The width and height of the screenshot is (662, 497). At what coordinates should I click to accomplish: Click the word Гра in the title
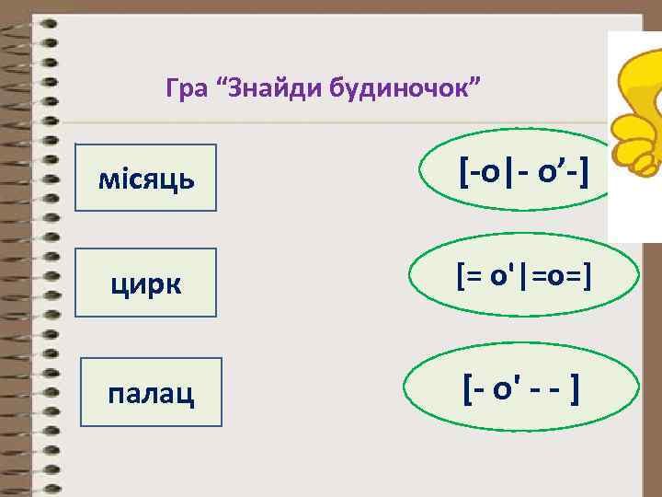pyautogui.click(x=184, y=90)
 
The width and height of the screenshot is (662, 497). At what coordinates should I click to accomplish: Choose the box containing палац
pyautogui.click(x=152, y=392)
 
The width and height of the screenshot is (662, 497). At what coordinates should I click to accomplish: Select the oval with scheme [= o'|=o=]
pyautogui.click(x=519, y=274)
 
